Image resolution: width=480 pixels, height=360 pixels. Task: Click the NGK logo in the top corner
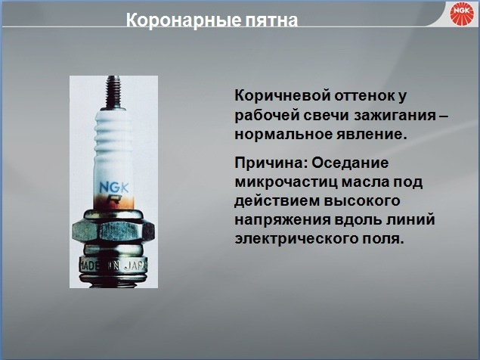click(462, 14)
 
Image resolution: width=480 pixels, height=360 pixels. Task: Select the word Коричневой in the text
click(282, 95)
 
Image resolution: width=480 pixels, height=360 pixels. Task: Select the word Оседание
click(350, 163)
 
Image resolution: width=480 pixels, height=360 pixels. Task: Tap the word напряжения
click(283, 220)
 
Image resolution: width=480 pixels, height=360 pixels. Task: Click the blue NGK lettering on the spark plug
click(114, 188)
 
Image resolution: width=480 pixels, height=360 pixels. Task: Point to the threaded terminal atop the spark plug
click(113, 93)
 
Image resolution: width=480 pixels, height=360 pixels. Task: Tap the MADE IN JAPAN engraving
click(113, 265)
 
